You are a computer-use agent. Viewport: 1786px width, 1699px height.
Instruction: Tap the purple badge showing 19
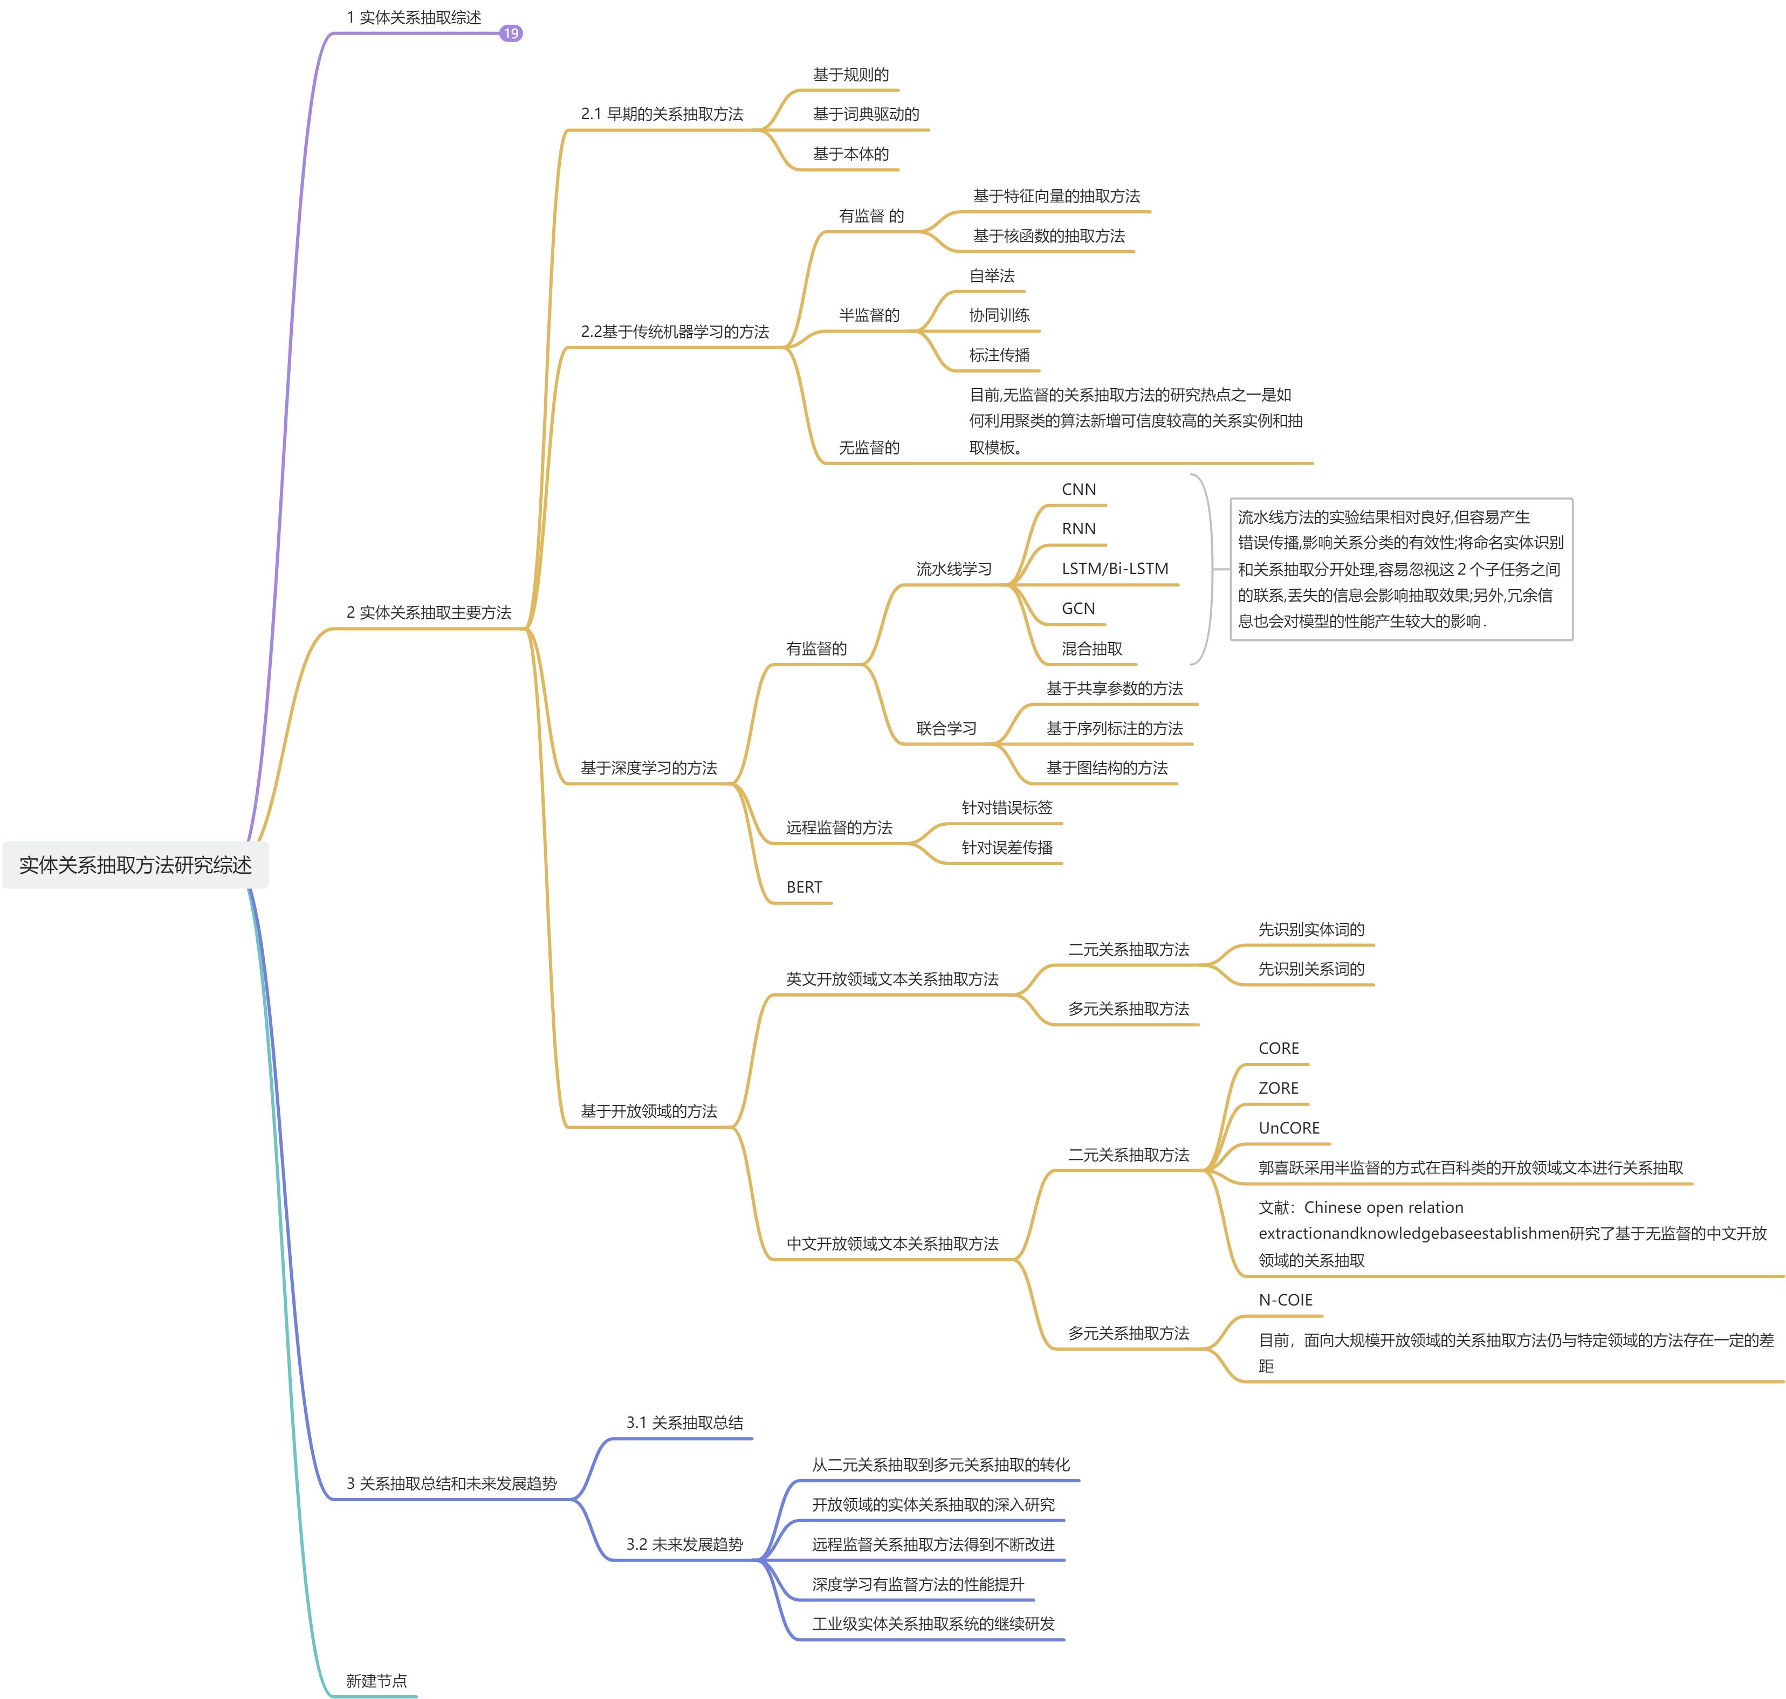[511, 33]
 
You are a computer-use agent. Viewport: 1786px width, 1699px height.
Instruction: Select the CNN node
[1079, 489]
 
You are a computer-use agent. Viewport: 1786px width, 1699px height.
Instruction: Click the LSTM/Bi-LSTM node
[1115, 569]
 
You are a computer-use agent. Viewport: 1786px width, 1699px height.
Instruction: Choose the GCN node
[1079, 609]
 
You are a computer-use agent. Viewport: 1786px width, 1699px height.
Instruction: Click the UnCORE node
[1288, 1128]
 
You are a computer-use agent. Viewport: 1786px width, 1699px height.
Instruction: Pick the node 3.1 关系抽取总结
[684, 1423]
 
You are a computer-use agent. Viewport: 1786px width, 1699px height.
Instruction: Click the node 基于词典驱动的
[865, 114]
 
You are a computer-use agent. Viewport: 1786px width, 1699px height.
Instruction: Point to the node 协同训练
[999, 315]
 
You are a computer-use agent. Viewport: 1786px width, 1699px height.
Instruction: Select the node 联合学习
[946, 728]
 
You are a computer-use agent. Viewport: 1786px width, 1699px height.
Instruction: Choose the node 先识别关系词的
[1310, 969]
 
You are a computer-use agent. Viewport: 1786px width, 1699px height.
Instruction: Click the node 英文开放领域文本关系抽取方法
[891, 979]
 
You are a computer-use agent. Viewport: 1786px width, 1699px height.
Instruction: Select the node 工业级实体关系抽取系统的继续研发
[933, 1624]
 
